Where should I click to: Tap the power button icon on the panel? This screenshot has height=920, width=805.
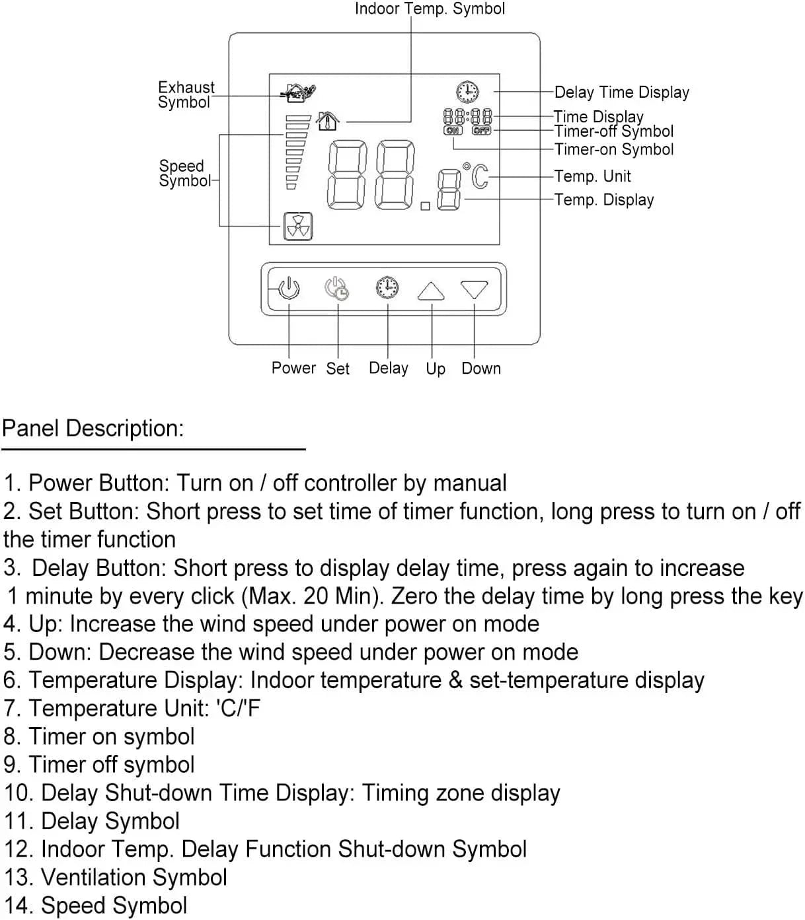[x=289, y=289]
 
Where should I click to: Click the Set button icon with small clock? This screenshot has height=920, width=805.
[x=336, y=289]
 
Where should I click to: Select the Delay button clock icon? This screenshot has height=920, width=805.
[x=387, y=287]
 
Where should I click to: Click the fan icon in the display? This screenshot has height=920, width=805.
[x=297, y=227]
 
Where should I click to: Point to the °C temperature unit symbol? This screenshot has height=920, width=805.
[x=477, y=176]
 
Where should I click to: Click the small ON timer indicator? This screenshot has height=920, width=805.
[x=453, y=131]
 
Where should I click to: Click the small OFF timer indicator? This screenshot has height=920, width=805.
[x=482, y=131]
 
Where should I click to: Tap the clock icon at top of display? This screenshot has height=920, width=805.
[x=467, y=91]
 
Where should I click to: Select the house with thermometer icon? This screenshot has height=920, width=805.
[x=328, y=121]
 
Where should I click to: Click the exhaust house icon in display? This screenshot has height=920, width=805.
[x=297, y=92]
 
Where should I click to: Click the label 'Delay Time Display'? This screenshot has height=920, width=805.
[x=621, y=92]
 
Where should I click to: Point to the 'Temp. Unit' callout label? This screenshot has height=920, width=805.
[x=592, y=176]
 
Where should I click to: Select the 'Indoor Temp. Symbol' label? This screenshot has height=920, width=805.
[x=430, y=9]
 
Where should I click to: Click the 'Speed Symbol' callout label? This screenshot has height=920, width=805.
[x=183, y=174]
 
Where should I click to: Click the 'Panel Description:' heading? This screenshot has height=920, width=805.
[x=93, y=429]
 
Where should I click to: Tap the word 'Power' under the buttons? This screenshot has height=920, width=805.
[x=293, y=368]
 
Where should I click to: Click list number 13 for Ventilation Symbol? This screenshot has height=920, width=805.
[x=16, y=878]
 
